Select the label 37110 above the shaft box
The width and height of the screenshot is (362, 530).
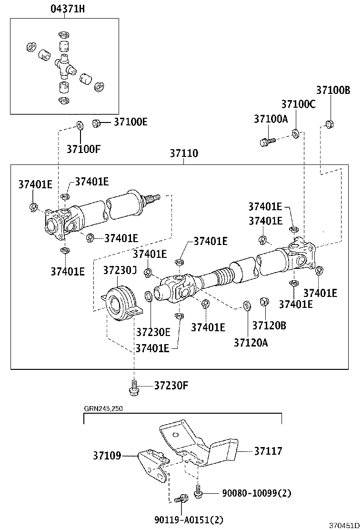click(185, 154)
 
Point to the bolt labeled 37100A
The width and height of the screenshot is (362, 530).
click(267, 141)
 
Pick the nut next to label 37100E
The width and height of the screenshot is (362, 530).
click(96, 123)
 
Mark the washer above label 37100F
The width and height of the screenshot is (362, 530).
click(80, 126)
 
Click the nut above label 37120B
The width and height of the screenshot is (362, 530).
click(263, 302)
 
